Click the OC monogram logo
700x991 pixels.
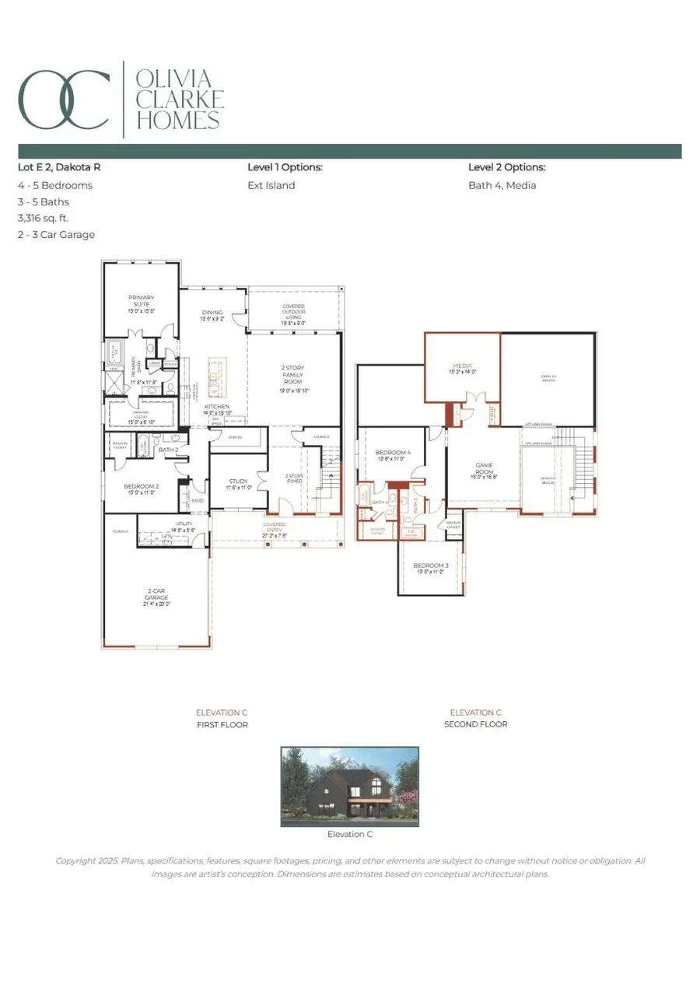[64, 100]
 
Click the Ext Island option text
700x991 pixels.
[271, 185]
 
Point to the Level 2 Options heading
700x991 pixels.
[506, 167]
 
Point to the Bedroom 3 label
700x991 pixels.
[430, 566]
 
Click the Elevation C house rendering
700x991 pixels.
[349, 785]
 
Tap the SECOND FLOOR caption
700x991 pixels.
[475, 724]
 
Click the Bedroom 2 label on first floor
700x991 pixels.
[141, 488]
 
